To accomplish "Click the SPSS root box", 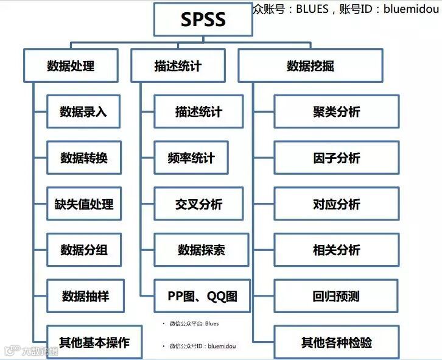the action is (203, 19).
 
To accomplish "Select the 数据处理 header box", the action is (71, 66).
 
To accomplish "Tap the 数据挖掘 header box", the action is (310, 66).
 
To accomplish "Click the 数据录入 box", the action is (83, 111).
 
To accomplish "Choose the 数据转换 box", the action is (83, 158).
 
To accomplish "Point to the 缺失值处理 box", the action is (83, 204).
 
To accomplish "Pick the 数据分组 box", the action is (83, 250).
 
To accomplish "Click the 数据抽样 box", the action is (85, 297).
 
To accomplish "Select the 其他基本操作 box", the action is (94, 342).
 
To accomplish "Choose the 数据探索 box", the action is (202, 250).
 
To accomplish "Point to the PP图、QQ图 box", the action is (202, 297).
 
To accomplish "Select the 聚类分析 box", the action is (336, 111).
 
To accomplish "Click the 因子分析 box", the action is (336, 158).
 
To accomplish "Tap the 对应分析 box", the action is (336, 204).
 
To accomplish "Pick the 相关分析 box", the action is (336, 250).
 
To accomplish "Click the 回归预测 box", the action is (336, 297).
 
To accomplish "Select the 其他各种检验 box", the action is (336, 342).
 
